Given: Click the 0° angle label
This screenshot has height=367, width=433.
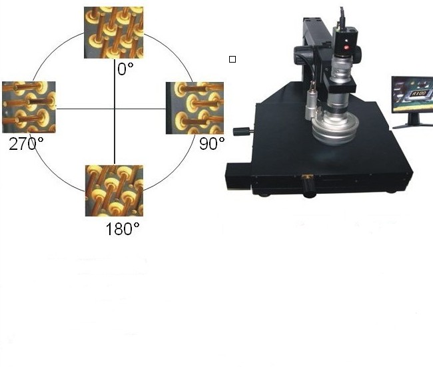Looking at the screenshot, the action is [x=125, y=69].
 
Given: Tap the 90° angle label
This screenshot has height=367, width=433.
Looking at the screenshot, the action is [x=212, y=144].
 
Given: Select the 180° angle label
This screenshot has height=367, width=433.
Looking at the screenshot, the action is [x=123, y=229].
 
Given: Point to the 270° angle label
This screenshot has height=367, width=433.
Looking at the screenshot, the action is [x=26, y=144].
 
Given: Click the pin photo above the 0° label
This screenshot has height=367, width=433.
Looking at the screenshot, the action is [x=114, y=33].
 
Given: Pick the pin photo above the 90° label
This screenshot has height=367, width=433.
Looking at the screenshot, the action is [x=195, y=108].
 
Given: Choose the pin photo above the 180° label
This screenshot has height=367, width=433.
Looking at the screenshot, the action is [x=114, y=190].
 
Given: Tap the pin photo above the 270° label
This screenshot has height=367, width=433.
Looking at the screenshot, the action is [x=29, y=107].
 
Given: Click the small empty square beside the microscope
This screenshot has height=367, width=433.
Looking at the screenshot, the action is [x=232, y=59].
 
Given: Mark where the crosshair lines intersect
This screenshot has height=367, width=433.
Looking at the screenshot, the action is [x=115, y=109].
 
